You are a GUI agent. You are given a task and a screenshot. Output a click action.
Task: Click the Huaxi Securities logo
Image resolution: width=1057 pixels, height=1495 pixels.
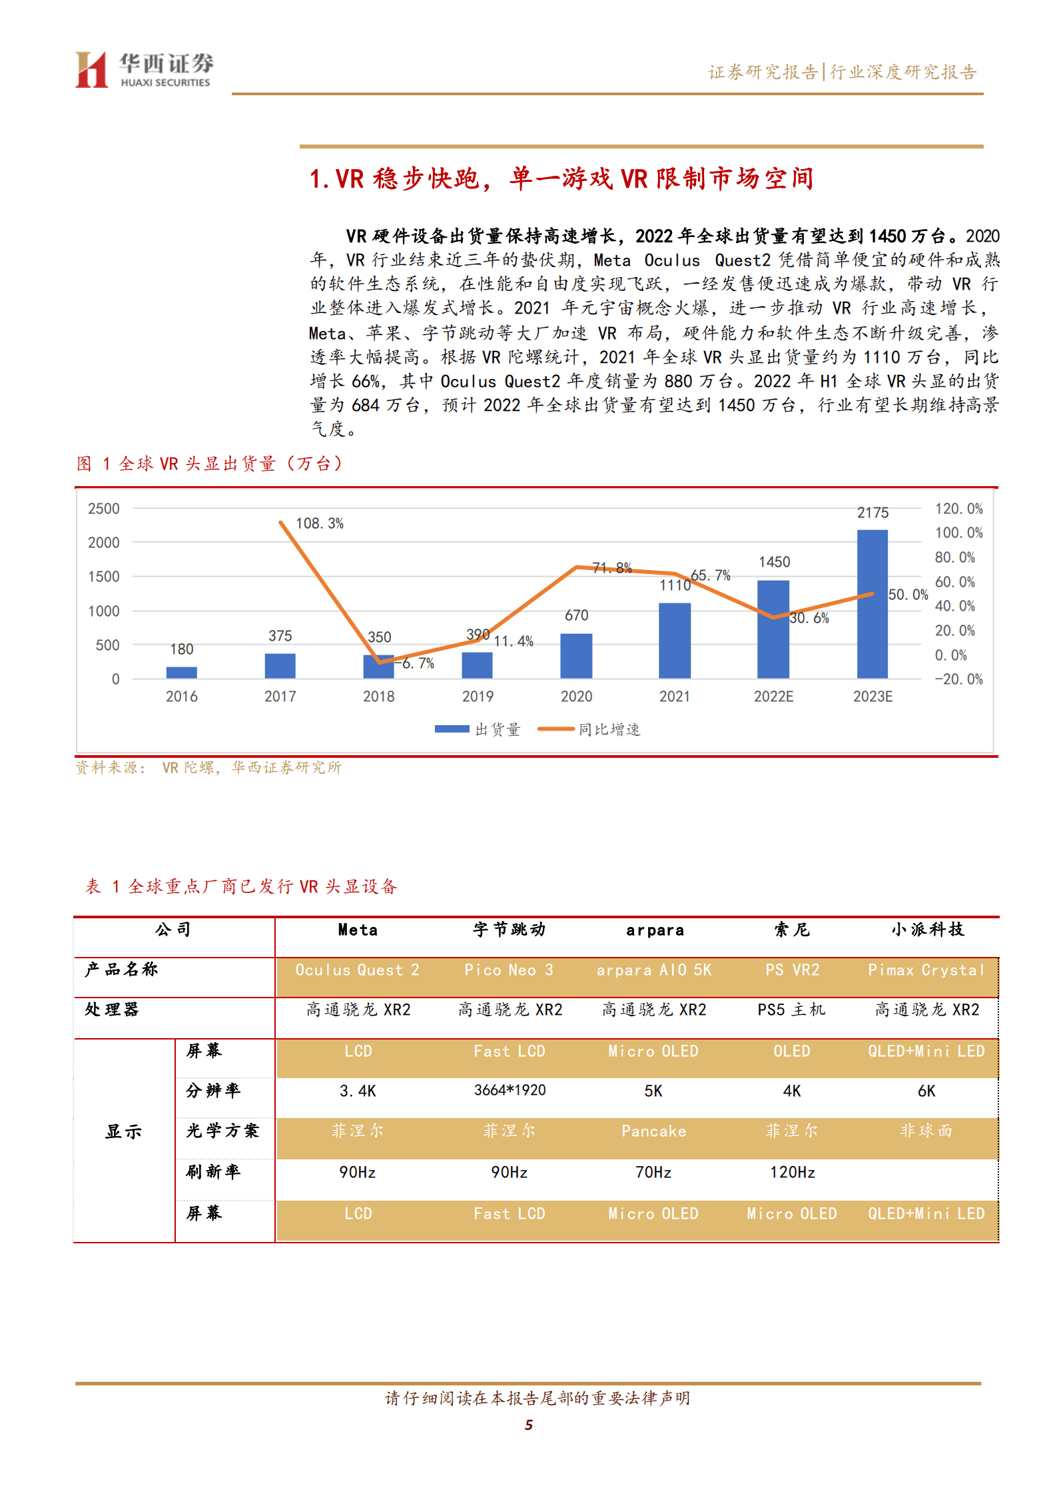click(x=144, y=70)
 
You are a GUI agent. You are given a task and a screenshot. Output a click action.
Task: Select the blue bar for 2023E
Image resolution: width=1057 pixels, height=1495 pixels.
click(x=872, y=603)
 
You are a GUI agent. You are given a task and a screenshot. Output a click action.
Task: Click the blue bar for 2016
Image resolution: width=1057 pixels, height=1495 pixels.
click(x=181, y=672)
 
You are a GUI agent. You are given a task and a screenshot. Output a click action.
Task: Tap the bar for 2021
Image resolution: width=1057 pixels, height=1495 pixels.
click(x=674, y=640)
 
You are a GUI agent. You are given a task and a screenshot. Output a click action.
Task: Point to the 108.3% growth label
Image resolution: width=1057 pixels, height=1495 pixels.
click(x=320, y=523)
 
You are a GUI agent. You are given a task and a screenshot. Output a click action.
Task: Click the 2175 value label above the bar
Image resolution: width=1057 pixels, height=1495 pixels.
click(x=873, y=513)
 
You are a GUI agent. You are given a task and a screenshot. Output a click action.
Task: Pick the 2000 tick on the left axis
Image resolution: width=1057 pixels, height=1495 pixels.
click(x=104, y=543)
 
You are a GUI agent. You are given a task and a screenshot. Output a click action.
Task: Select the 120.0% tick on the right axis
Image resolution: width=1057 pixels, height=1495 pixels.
click(x=958, y=509)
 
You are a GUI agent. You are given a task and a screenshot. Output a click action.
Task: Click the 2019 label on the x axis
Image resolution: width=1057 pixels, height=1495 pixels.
click(x=478, y=697)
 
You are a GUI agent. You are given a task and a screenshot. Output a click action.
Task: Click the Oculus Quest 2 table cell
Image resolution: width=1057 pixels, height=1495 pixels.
click(x=358, y=970)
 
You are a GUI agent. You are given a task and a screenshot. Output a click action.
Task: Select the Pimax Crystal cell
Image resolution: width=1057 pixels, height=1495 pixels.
click(x=926, y=970)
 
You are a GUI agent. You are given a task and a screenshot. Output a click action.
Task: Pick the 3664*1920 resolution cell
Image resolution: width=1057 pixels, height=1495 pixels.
click(x=510, y=1090)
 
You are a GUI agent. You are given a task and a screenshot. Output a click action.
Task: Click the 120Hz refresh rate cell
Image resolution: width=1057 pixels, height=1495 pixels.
click(x=792, y=1172)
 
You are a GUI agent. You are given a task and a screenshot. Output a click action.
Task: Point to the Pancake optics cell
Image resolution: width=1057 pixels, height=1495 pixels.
click(x=653, y=1131)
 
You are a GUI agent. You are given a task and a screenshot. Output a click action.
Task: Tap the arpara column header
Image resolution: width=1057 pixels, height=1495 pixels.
click(x=655, y=930)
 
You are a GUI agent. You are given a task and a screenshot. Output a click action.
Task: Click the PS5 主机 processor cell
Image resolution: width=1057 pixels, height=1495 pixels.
click(x=791, y=1010)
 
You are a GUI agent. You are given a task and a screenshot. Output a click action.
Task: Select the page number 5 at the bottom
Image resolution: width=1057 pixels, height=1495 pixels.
click(x=529, y=1424)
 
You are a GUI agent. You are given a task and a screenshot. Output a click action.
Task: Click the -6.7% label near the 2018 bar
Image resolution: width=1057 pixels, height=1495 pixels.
click(x=418, y=663)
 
